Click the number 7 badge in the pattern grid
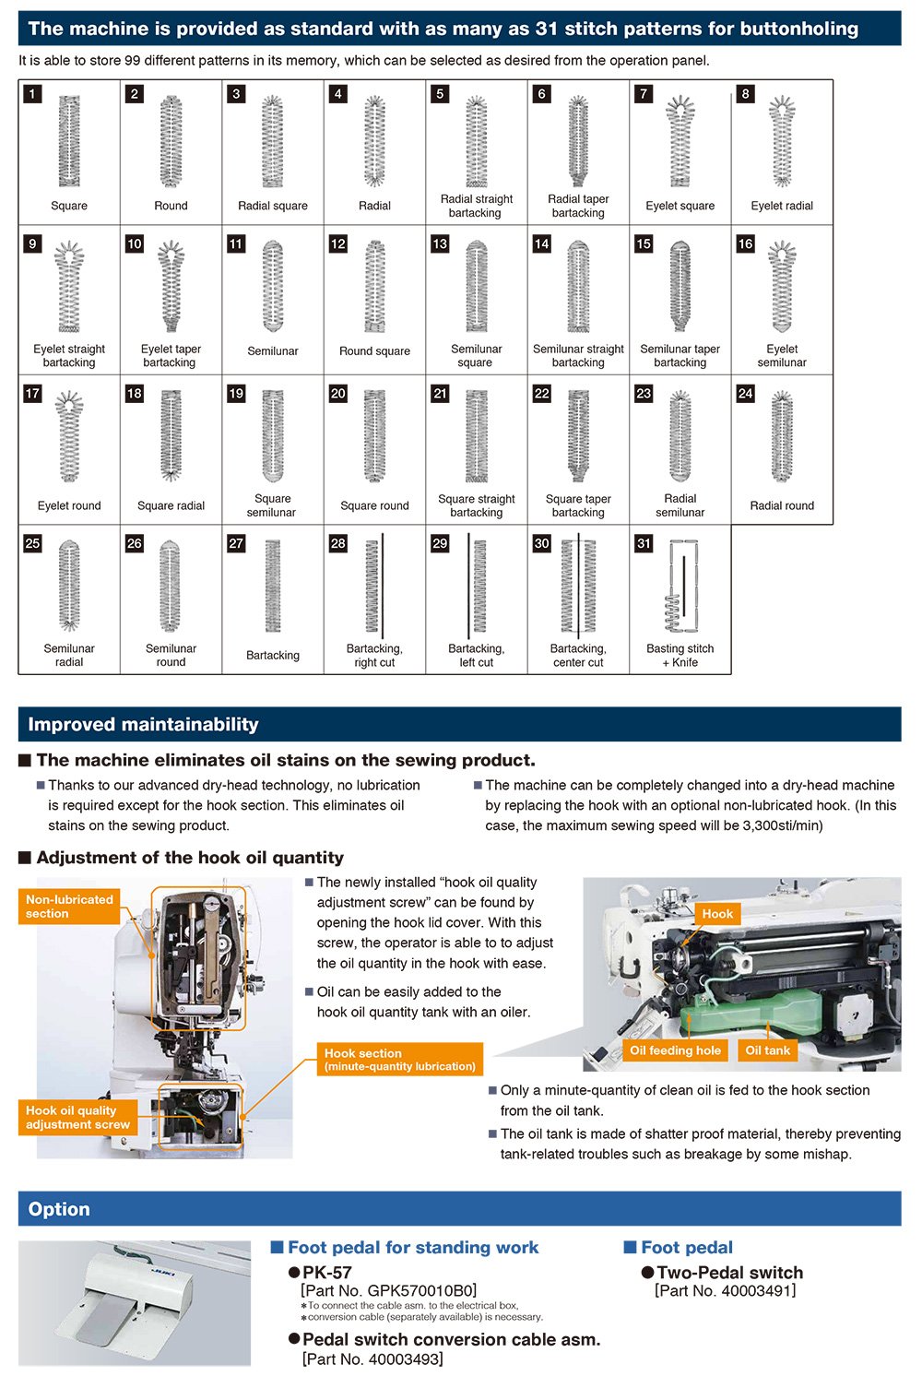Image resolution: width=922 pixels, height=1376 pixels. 644,94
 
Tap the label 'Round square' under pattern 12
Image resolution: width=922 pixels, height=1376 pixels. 374,351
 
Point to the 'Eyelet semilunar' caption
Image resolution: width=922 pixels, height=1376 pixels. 782,356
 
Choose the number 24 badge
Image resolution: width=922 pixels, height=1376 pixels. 745,394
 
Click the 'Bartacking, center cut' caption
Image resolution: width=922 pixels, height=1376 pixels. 578,656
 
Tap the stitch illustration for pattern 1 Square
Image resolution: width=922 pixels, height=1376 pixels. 69,141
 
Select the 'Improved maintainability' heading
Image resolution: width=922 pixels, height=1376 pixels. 143,725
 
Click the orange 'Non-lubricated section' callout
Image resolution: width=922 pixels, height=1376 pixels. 69,907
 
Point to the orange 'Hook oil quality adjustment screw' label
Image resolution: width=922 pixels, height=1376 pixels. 77,1118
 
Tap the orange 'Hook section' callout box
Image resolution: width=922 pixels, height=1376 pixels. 399,1060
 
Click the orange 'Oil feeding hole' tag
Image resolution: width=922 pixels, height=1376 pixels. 675,1050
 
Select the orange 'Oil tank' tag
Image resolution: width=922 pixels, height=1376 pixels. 767,1050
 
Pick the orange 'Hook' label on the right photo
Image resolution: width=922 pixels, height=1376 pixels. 716,914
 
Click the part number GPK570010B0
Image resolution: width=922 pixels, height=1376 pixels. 388,1291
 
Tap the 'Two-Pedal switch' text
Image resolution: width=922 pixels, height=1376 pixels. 729,1273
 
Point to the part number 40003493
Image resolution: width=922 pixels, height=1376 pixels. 372,1359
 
